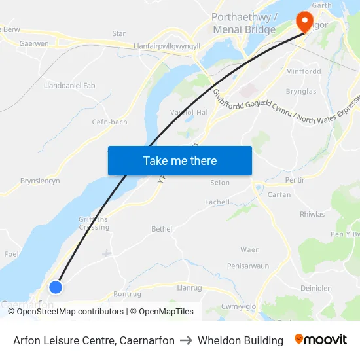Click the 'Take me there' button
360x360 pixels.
tap(179, 160)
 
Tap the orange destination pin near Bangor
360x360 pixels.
tap(304, 22)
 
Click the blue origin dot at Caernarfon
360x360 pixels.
tap(56, 287)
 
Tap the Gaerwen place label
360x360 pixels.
tap(34, 43)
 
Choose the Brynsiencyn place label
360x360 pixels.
tap(41, 181)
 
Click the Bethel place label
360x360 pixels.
tap(162, 229)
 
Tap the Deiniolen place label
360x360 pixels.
tap(316, 288)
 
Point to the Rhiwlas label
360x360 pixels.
tap(312, 214)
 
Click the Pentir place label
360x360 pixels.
tap(295, 179)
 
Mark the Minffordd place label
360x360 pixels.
tap(302, 71)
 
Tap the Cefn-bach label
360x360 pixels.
tap(110, 121)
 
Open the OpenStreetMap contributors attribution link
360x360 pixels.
tap(70, 312)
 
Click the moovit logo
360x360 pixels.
tap(321, 340)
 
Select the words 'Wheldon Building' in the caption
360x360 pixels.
tap(240, 340)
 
